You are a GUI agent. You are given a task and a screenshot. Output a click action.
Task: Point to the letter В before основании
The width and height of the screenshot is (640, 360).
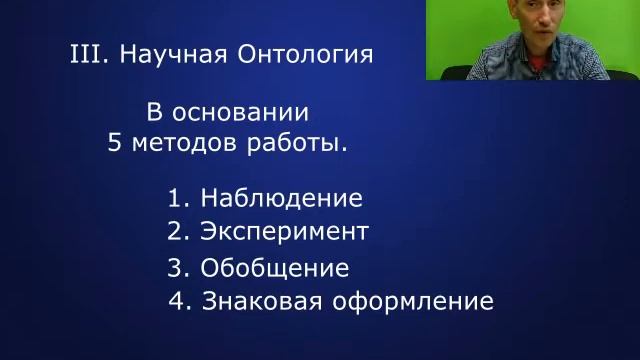(155, 111)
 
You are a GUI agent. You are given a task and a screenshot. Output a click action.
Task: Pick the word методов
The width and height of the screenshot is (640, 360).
(185, 142)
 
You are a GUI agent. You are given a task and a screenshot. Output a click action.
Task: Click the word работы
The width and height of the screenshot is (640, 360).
(297, 142)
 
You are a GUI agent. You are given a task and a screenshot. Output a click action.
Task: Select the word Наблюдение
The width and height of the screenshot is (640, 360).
(281, 197)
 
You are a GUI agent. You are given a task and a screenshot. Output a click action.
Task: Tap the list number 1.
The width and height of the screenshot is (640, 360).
(176, 197)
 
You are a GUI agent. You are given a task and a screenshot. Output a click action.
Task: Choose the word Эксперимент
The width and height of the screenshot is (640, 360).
(284, 232)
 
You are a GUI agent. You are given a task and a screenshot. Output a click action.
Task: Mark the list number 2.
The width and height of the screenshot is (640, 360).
(176, 232)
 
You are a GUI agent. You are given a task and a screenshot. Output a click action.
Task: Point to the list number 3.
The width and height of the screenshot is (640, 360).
(176, 268)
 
